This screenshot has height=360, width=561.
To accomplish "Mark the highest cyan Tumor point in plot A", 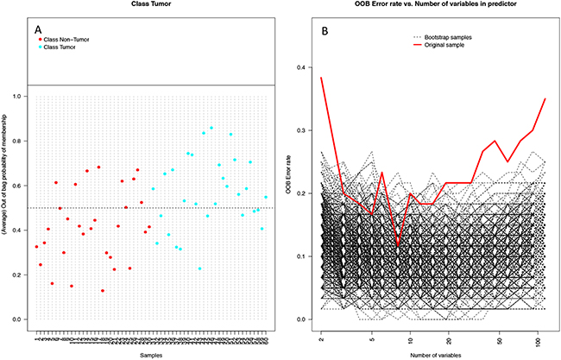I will point(211,128).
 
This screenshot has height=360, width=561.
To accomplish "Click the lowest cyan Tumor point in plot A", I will point(199,268).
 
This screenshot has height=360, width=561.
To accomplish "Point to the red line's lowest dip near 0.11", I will point(398,246).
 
